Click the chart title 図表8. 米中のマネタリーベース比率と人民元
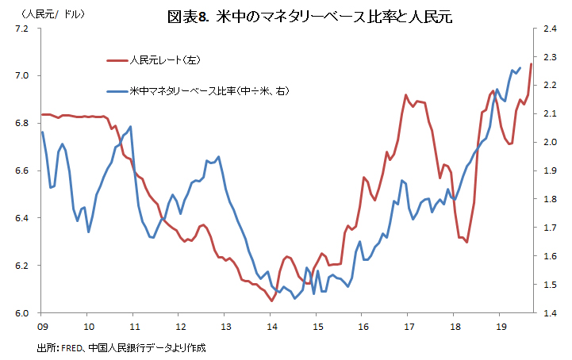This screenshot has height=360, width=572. point(310,16)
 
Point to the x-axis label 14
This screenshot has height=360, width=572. point(271,326)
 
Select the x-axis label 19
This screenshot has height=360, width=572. point(501,326)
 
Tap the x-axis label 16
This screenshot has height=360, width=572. point(363,326)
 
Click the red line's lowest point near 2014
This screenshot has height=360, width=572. point(271,301)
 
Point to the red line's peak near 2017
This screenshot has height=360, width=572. point(406,95)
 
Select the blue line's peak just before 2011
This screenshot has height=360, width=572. point(130,127)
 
